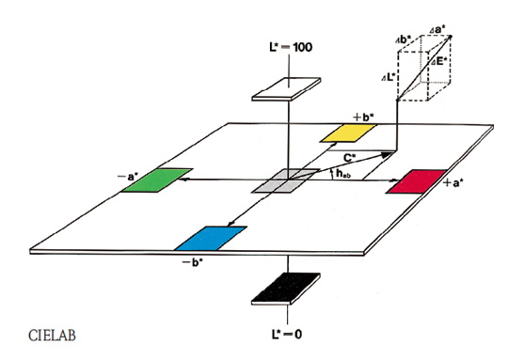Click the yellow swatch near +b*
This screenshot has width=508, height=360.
coord(348,133)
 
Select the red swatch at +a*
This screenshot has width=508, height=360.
coord(418,181)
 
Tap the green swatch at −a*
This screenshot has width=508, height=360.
coord(156,180)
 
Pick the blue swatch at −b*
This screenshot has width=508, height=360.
coord(211,238)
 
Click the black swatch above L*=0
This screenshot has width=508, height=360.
coord(286,289)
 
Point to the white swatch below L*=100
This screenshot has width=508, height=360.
coord(286,88)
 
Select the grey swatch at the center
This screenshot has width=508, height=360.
coord(285,180)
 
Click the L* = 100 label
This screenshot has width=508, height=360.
coord(291,47)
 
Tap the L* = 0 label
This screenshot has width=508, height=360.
coord(287,334)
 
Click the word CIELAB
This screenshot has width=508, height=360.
coord(52,336)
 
